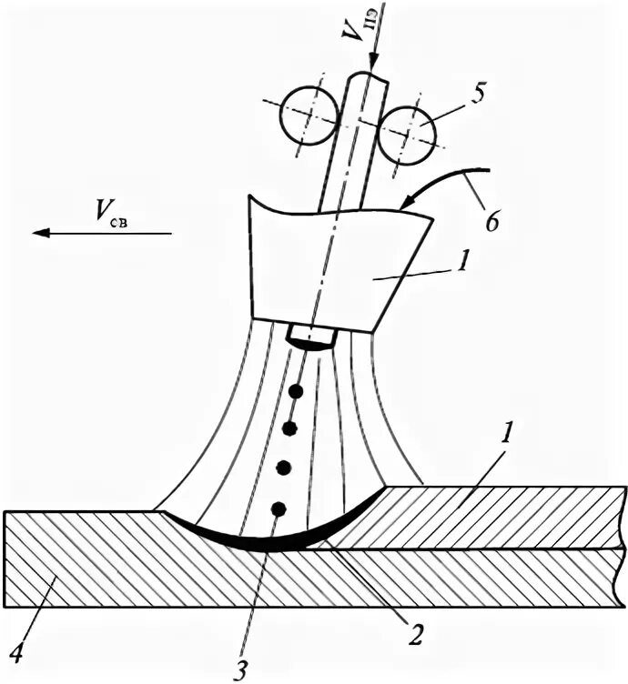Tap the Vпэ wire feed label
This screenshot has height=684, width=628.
(x=358, y=35)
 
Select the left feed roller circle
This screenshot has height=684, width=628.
(x=306, y=116)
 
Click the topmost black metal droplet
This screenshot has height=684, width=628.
(x=294, y=393)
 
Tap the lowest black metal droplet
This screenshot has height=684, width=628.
(x=279, y=508)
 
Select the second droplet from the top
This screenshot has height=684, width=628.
(x=290, y=428)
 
